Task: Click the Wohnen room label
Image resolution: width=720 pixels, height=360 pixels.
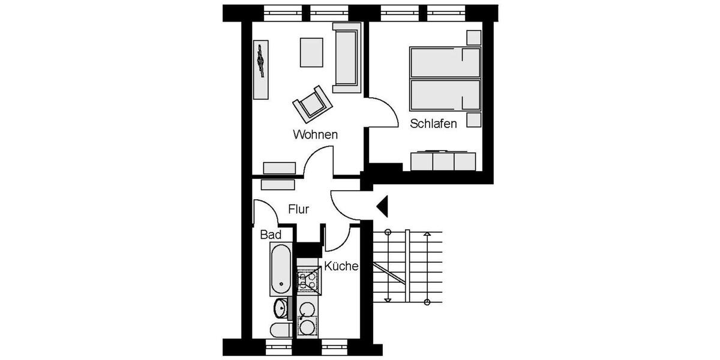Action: (315, 134)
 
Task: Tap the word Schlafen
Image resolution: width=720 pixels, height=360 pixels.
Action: (434, 124)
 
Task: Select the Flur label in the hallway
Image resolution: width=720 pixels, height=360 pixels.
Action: (298, 209)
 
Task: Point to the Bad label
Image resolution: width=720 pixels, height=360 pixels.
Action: (271, 235)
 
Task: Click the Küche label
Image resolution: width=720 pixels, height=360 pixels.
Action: (341, 266)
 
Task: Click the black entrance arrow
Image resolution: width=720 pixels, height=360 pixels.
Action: (383, 206)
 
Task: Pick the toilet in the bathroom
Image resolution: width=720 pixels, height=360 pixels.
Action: (280, 329)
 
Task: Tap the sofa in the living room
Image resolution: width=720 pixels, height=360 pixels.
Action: (347, 58)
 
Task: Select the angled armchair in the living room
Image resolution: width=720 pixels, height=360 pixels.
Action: (313, 104)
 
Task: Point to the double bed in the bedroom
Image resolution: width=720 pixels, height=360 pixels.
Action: (445, 79)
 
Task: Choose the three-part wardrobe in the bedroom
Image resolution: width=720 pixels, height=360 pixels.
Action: (443, 161)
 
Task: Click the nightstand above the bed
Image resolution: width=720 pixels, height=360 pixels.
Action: (474, 37)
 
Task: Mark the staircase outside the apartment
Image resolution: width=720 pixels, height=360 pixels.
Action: (407, 267)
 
